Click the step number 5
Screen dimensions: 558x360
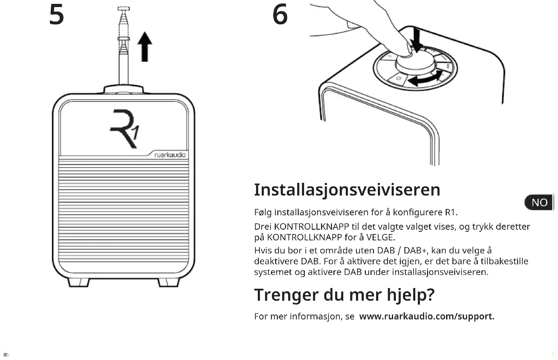pyautogui.click(x=57, y=15)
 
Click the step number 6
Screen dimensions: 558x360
pyautogui.click(x=280, y=15)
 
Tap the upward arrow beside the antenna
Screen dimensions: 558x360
pyautogui.click(x=144, y=47)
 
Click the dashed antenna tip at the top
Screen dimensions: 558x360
pyautogui.click(x=124, y=8)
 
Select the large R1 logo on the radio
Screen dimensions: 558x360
pyautogui.click(x=124, y=128)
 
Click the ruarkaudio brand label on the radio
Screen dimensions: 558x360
pyautogui.click(x=170, y=155)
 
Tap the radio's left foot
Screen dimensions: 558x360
pyautogui.click(x=78, y=282)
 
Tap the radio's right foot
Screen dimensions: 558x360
pyautogui.click(x=168, y=282)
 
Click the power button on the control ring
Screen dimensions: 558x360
pyautogui.click(x=398, y=78)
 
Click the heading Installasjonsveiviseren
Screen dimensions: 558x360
pyautogui.click(x=347, y=190)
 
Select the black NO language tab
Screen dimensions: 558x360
pyautogui.click(x=539, y=203)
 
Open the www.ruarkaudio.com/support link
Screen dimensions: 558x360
pyautogui.click(x=427, y=316)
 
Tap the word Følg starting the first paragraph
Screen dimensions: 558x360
pyautogui.click(x=263, y=212)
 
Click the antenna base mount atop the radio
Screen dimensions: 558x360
pyautogui.click(x=124, y=89)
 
